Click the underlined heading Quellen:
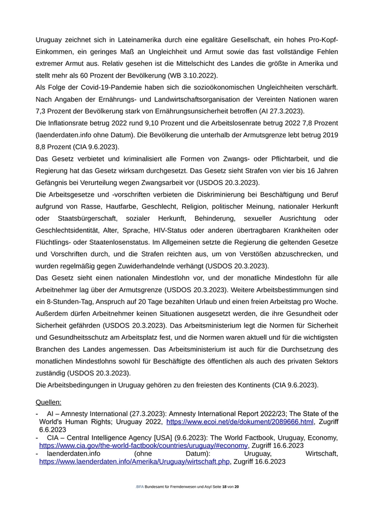point(48,402)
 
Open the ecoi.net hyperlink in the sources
point(239,422)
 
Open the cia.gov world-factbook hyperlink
point(143,445)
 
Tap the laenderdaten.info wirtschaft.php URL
point(134,461)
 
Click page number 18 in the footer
point(224,487)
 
